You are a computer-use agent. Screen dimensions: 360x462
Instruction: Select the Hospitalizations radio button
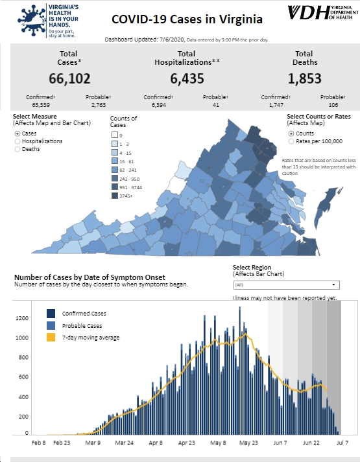point(18,141)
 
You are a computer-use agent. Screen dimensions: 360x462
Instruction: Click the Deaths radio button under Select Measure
point(18,149)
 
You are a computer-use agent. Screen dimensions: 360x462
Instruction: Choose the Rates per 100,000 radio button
point(291,141)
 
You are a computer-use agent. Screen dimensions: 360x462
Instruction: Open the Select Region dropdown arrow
point(333,284)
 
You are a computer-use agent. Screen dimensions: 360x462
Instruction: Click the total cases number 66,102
point(69,78)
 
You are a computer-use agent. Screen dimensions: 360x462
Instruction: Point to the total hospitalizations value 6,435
point(187,78)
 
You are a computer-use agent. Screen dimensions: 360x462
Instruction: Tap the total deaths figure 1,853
point(304,78)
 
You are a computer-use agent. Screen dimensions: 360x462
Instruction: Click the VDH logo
point(323,12)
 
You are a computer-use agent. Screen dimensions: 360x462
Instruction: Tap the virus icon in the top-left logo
point(32,20)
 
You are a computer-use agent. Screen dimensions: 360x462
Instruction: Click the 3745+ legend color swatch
point(115,196)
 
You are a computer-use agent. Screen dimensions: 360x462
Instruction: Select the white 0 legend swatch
point(115,135)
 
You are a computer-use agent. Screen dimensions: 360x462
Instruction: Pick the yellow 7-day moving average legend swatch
point(51,338)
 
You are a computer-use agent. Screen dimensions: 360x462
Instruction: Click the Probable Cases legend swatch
point(51,325)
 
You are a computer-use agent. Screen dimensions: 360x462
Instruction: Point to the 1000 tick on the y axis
point(22,338)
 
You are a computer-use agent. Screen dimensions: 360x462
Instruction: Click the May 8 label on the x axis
point(218,443)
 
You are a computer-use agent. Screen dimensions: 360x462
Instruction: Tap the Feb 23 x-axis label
point(62,443)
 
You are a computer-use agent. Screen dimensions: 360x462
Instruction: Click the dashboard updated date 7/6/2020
point(172,40)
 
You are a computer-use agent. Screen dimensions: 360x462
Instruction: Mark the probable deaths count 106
point(333,105)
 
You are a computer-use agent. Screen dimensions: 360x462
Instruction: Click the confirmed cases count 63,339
point(41,105)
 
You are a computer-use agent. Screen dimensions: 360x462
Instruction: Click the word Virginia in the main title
point(241,19)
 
